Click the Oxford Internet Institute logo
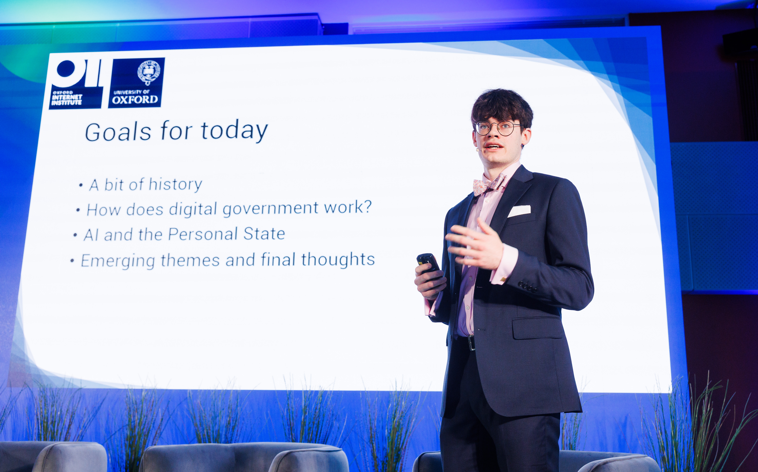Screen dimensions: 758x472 [76, 84]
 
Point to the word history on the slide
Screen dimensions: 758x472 [175, 184]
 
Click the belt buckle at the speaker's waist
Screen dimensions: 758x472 [471, 343]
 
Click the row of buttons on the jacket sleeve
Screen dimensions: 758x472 [527, 286]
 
